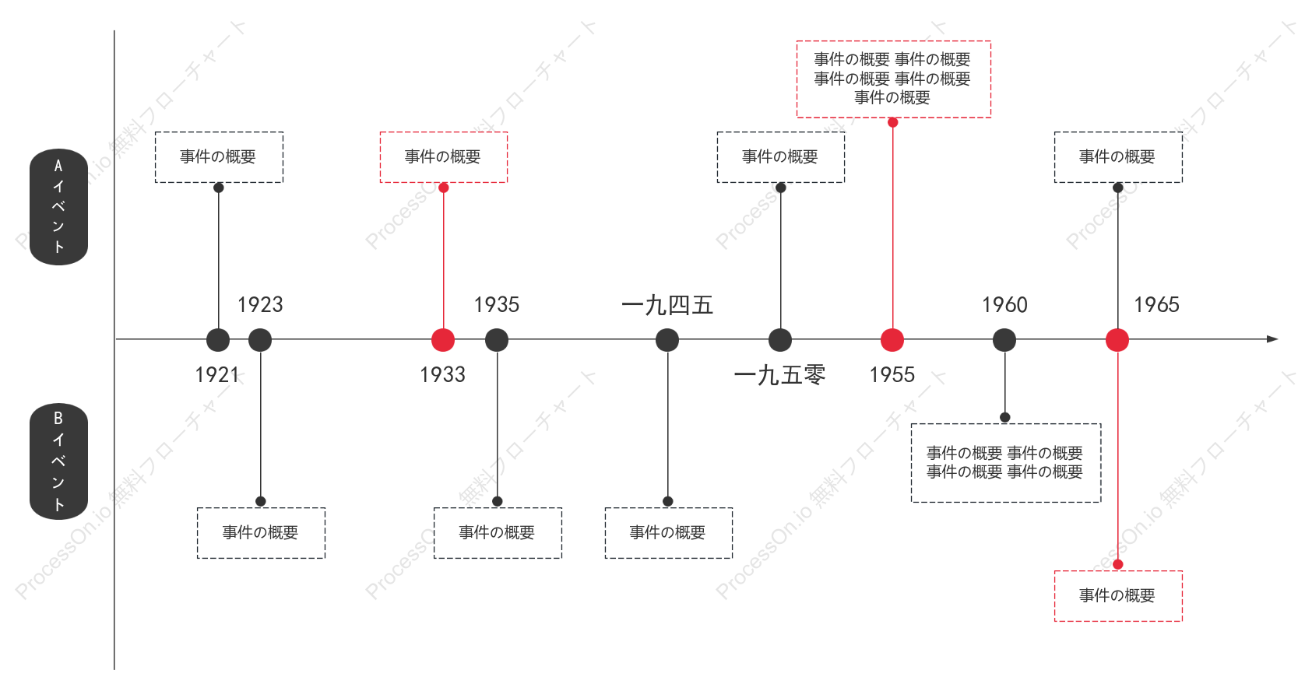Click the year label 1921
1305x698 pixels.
(x=216, y=375)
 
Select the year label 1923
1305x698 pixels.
(x=260, y=304)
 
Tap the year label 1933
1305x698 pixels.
(x=443, y=375)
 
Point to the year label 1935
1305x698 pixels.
(x=496, y=304)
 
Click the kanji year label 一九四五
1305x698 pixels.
(x=667, y=305)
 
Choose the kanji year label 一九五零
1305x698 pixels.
(x=779, y=375)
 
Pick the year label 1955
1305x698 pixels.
(x=892, y=375)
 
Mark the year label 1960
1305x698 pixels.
(x=1004, y=304)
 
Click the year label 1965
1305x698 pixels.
(x=1156, y=304)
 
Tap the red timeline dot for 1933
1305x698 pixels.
(x=443, y=340)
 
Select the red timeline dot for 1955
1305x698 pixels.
(x=892, y=340)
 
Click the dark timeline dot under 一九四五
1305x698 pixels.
(x=667, y=340)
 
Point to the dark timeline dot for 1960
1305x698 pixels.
(x=1004, y=340)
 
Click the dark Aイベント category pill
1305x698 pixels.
(x=59, y=207)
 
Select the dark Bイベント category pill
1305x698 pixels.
(x=59, y=461)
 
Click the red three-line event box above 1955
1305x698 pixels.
(x=894, y=79)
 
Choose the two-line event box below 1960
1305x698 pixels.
(x=1006, y=463)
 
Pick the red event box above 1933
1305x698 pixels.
(x=443, y=157)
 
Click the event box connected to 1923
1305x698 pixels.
(x=261, y=533)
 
